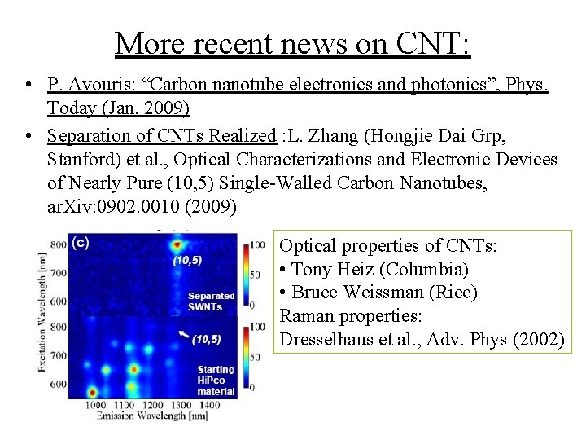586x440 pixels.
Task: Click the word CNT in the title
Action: (425, 42)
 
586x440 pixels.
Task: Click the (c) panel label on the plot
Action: (81, 242)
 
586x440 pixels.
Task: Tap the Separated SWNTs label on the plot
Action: (211, 301)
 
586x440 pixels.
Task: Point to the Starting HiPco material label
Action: (216, 381)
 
